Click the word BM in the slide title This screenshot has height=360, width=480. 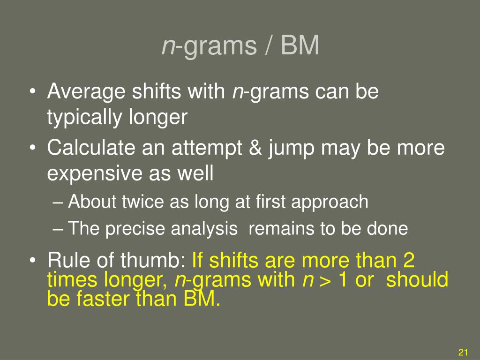click(x=300, y=45)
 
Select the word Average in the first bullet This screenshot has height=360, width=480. click(x=86, y=91)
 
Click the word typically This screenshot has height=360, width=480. click(x=84, y=118)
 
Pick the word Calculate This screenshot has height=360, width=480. click(x=91, y=148)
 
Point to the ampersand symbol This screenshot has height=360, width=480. click(x=255, y=148)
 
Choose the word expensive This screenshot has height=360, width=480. click(x=95, y=173)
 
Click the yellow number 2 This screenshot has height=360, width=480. click(x=409, y=260)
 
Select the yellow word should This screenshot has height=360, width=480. click(x=417, y=279)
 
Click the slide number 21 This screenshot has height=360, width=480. click(x=463, y=352)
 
